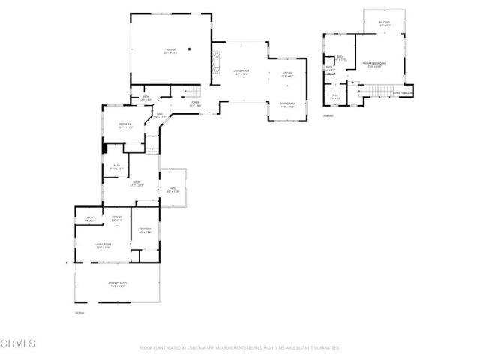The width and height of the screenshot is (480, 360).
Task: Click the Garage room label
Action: tap(171, 51)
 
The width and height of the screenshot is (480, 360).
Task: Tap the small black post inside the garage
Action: tap(190, 49)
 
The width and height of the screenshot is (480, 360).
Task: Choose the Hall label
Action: tap(160, 115)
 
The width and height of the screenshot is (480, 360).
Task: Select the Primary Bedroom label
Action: tap(375, 64)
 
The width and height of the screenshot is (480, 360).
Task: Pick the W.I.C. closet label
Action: tap(336, 95)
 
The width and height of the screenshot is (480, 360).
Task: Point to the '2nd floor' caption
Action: tap(327, 115)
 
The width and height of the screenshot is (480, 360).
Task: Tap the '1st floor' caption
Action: tap(79, 312)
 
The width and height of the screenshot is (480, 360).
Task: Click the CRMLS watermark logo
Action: tap(19, 344)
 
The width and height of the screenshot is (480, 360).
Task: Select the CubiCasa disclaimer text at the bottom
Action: tap(240, 347)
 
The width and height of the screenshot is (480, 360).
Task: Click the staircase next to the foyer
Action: tap(193, 91)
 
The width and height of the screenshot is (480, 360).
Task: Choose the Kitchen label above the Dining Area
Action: tap(286, 73)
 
